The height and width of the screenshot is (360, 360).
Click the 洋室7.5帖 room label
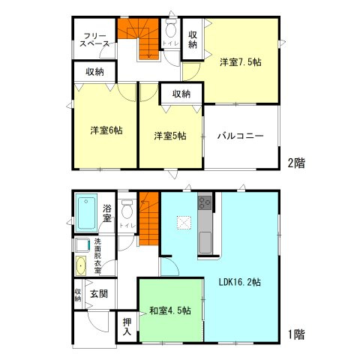pyautogui.click(x=241, y=64)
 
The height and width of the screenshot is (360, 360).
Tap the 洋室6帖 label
pyautogui.click(x=106, y=130)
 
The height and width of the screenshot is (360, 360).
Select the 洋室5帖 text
pyautogui.click(x=170, y=136)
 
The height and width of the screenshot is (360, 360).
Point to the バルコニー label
pyautogui.click(x=240, y=136)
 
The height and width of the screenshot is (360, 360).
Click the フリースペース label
pyautogui.click(x=94, y=40)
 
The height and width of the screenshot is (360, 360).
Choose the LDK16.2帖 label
pyautogui.click(x=239, y=282)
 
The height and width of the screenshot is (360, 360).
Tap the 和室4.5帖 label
pyautogui.click(x=169, y=310)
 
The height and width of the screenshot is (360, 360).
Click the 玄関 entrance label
pyautogui.click(x=98, y=293)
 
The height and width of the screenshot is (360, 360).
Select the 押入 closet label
pyautogui.click(x=127, y=326)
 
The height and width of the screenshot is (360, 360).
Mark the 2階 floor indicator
pyautogui.click(x=295, y=162)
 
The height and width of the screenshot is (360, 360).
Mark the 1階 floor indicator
pyautogui.click(x=295, y=334)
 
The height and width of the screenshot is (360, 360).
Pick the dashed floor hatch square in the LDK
pyautogui.click(x=183, y=222)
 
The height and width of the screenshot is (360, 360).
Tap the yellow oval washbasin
pyautogui.click(x=80, y=265)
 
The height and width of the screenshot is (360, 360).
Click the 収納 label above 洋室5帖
pyautogui.click(x=181, y=94)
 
